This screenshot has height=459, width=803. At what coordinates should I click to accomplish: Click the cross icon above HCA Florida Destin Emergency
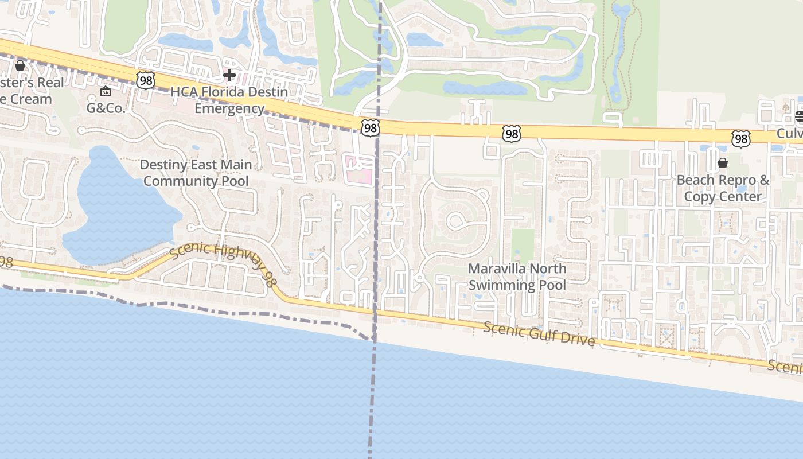click(229, 75)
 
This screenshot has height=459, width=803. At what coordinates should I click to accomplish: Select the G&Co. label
click(106, 107)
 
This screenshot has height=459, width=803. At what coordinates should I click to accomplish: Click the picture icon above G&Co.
click(106, 91)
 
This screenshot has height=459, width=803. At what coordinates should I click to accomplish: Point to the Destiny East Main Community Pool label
click(196, 173)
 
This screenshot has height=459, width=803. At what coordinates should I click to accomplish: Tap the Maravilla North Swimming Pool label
click(517, 277)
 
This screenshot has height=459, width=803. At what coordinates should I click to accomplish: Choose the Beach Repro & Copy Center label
click(723, 188)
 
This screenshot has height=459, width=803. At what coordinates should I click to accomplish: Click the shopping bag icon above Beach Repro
click(723, 163)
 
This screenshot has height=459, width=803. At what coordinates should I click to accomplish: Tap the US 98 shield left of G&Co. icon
click(146, 81)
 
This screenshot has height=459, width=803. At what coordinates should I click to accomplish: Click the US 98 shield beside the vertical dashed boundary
click(371, 128)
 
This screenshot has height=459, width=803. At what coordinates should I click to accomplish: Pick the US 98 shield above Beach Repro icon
click(741, 138)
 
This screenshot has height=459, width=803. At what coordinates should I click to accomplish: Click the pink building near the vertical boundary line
click(358, 169)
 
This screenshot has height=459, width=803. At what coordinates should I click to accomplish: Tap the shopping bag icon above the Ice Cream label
click(20, 65)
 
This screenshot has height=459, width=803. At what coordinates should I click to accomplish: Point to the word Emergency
click(229, 108)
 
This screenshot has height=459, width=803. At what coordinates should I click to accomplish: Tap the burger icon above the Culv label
click(800, 117)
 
